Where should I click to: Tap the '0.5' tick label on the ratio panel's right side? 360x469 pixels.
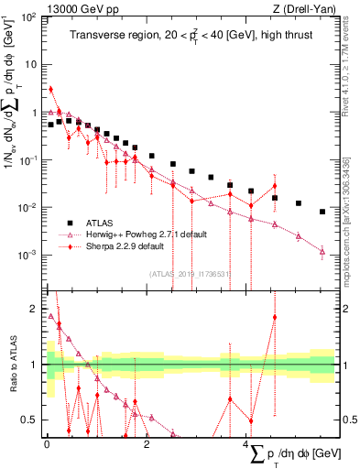[349, 420]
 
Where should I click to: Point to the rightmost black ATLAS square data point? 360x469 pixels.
[322, 212]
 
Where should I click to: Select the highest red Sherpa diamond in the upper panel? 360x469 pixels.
[50, 90]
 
